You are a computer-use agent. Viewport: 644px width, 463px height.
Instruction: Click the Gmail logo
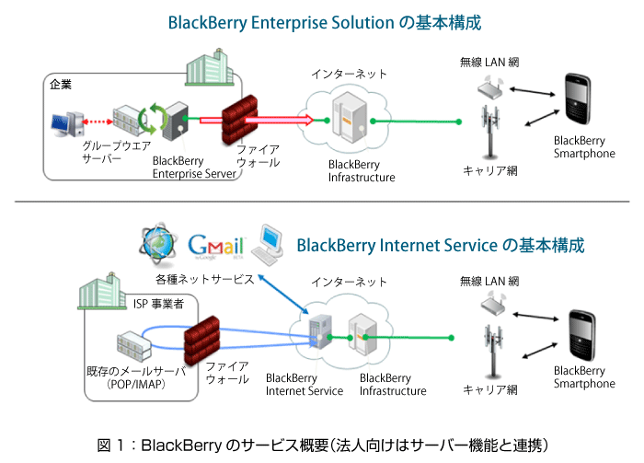click(x=216, y=246)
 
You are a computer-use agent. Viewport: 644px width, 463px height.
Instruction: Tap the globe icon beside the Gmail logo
click(x=158, y=245)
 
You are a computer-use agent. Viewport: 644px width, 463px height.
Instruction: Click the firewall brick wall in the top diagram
click(x=240, y=120)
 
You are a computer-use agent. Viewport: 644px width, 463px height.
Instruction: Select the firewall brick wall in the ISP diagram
click(x=201, y=341)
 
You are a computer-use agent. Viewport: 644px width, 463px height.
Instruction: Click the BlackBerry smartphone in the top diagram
click(x=578, y=99)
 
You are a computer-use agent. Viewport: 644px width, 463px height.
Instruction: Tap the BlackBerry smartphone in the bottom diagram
click(x=581, y=335)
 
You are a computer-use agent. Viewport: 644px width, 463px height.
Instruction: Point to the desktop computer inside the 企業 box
click(x=67, y=124)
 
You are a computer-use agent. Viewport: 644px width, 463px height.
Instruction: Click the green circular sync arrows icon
click(x=153, y=119)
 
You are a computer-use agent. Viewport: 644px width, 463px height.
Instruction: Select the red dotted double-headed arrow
click(x=98, y=122)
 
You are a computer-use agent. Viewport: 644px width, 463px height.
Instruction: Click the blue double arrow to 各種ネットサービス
click(x=282, y=295)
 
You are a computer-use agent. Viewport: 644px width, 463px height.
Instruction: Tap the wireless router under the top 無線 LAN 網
click(x=490, y=87)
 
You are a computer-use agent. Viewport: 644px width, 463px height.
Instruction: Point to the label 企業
click(x=61, y=85)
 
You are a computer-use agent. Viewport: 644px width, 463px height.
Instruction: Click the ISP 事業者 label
click(x=158, y=304)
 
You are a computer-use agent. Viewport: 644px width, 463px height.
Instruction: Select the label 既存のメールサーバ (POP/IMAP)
click(x=136, y=378)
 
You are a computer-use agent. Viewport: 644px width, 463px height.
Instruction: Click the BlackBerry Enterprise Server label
click(x=194, y=168)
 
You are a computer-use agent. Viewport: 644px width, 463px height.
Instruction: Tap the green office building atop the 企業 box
click(x=210, y=67)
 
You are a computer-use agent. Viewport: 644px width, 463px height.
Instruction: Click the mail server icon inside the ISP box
click(x=134, y=346)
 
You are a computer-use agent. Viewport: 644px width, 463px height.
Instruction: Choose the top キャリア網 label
click(x=490, y=171)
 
